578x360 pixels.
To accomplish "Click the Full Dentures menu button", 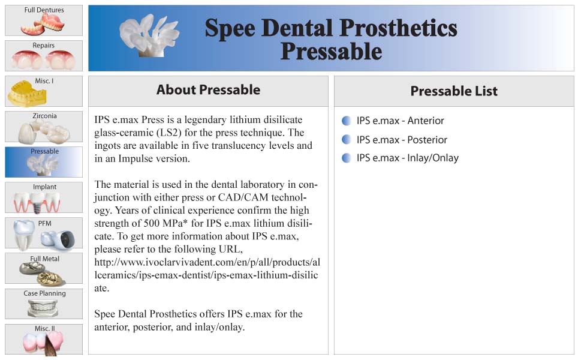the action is (x=44, y=20).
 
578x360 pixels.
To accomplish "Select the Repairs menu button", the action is (x=44, y=56).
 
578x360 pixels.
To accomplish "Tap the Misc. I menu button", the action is (x=44, y=91).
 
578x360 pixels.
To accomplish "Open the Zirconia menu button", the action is (x=44, y=127).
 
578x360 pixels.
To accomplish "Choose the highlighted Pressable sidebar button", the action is (x=44, y=162).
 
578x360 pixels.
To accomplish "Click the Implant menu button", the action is (x=44, y=197).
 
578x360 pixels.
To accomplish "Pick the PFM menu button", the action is (x=44, y=233).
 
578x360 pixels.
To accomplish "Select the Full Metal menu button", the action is (x=44, y=268).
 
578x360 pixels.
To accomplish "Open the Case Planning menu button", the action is (x=44, y=304).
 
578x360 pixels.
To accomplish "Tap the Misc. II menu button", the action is (x=44, y=340).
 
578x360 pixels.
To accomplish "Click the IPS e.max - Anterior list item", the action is (x=401, y=121).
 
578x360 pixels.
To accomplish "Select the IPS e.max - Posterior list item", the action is (x=402, y=140).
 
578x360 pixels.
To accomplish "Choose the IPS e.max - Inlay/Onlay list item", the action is (x=407, y=158).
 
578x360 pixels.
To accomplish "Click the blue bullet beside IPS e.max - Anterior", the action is (x=347, y=121).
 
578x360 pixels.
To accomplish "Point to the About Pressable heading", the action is (x=208, y=90).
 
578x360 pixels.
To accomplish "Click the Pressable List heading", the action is (x=454, y=91).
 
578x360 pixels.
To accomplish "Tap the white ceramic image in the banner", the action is (x=149, y=36).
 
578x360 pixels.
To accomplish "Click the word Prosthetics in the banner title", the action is (x=398, y=28).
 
